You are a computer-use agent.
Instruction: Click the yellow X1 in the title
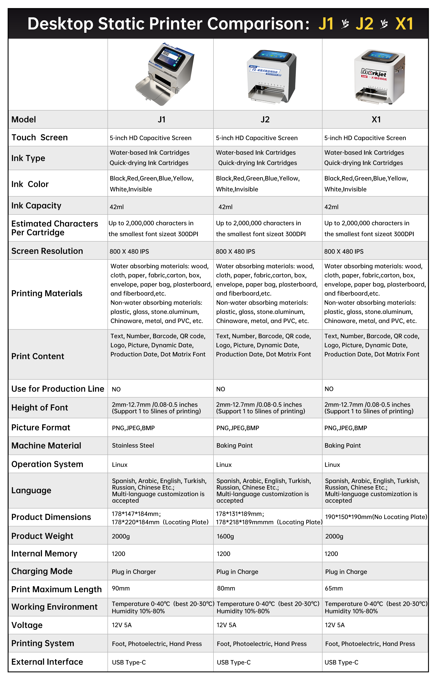[x=404, y=24]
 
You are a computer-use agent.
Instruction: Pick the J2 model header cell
[x=265, y=119]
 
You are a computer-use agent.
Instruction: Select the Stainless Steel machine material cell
[x=133, y=445]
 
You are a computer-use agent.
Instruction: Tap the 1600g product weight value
[x=225, y=536]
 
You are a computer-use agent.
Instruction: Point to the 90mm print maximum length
[x=121, y=588]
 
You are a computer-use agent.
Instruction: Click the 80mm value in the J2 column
[x=226, y=588]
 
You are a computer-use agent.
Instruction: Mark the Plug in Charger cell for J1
[x=134, y=572]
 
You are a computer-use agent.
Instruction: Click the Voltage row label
[x=27, y=625]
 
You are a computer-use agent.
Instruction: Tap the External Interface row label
[x=47, y=662]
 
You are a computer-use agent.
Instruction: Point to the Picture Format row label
[x=41, y=427]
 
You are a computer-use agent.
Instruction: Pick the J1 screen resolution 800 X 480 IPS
[x=129, y=251]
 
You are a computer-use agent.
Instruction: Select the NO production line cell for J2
[x=220, y=389]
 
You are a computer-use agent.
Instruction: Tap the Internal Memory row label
[x=44, y=553]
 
